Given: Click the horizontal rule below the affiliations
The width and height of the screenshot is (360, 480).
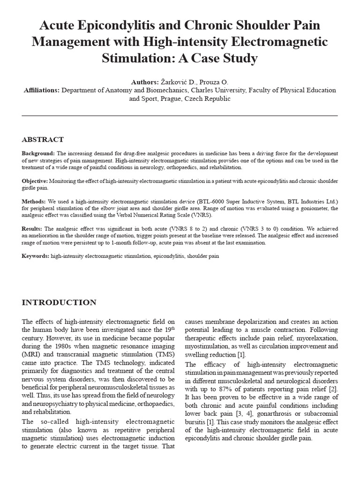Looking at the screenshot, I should [180, 115].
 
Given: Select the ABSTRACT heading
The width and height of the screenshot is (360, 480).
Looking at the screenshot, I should [43, 140].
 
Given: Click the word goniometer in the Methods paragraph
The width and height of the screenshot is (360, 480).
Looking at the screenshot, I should [318, 209].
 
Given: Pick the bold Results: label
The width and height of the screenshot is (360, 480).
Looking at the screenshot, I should [32, 229].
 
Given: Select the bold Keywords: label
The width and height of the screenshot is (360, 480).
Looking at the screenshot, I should [36, 256].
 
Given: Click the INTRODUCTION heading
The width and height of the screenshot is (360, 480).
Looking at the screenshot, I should [59, 302].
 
